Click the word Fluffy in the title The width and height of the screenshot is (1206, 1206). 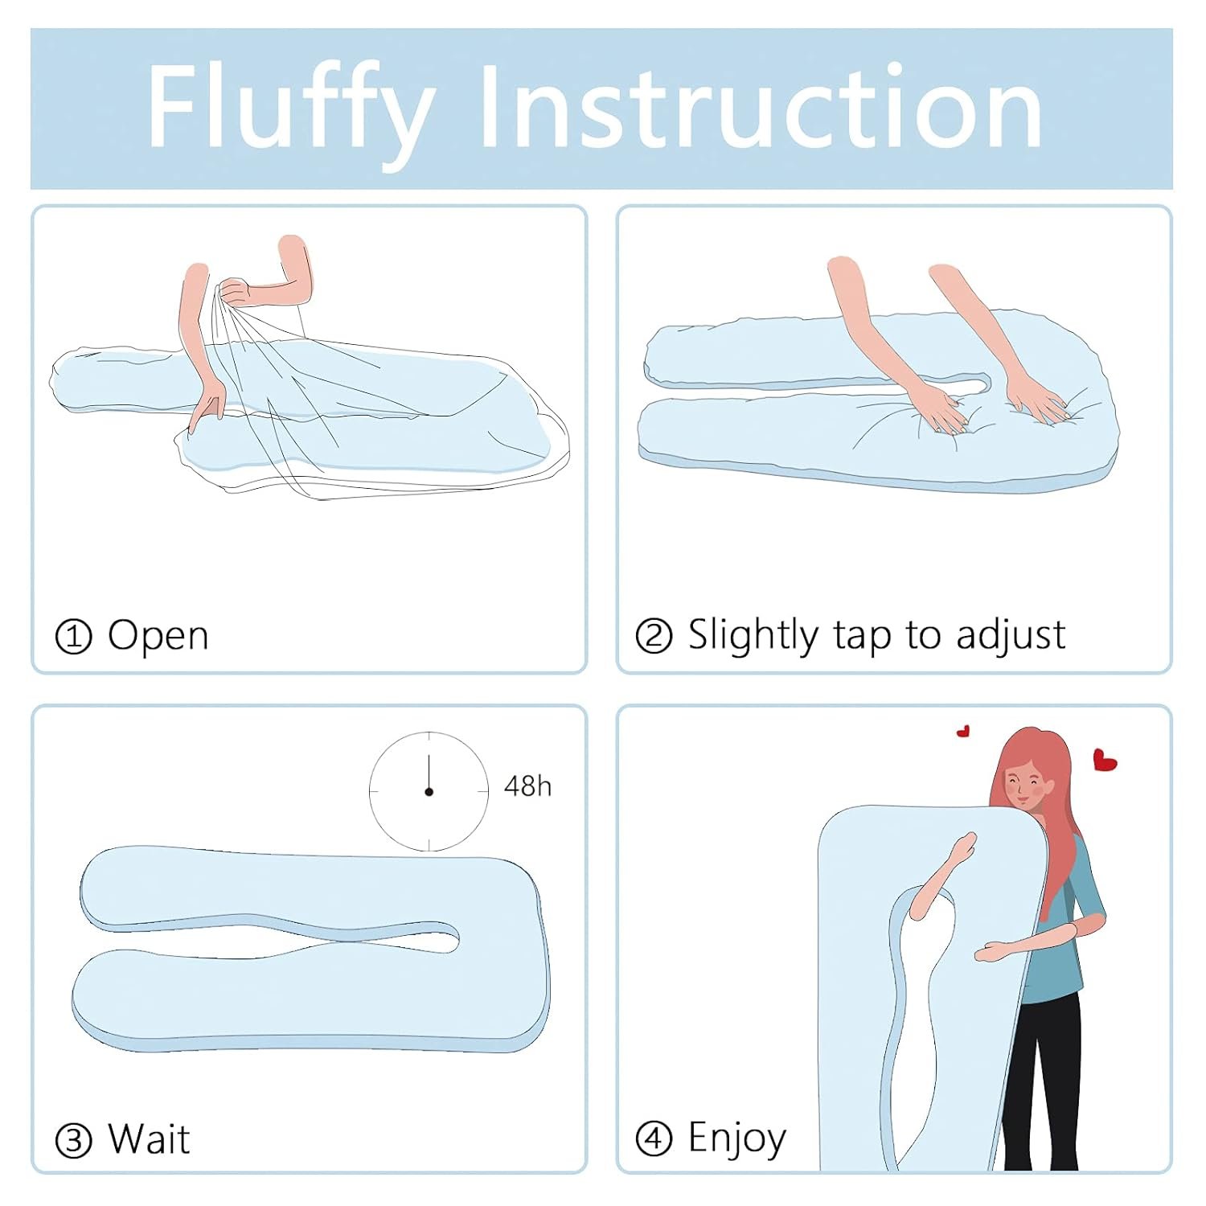[291, 109]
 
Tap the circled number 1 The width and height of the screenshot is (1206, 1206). [73, 638]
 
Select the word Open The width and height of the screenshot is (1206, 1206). [158, 636]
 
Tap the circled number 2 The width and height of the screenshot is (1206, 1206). [654, 637]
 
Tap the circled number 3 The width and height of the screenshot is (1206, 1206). [73, 1141]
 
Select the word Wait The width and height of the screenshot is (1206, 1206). [150, 1139]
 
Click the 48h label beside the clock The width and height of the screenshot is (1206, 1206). [527, 786]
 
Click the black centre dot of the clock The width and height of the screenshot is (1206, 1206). [429, 792]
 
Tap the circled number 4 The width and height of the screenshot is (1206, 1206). [654, 1139]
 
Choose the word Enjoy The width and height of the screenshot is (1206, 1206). [737, 1138]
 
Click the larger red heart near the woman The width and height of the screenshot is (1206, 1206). [1105, 760]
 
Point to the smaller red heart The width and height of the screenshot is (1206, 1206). [963, 731]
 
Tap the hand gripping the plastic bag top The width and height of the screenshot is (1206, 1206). [235, 291]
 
